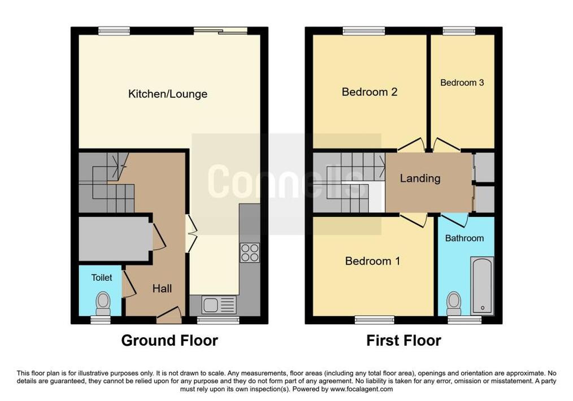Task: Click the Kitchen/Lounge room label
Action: pyautogui.click(x=168, y=94)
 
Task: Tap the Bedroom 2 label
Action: pyautogui.click(x=370, y=91)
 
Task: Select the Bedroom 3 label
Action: pyautogui.click(x=462, y=82)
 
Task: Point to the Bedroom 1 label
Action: pyautogui.click(x=372, y=261)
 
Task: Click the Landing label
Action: pyautogui.click(x=420, y=178)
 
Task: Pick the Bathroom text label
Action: pyautogui.click(x=464, y=238)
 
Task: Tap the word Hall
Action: pyautogui.click(x=162, y=289)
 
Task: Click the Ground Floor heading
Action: pyautogui.click(x=170, y=341)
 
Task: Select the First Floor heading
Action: pyautogui.click(x=403, y=341)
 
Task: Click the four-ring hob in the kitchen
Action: pyautogui.click(x=250, y=252)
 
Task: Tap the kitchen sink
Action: pyautogui.click(x=219, y=304)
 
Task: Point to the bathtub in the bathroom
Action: pyautogui.click(x=482, y=286)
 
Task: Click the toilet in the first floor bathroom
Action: pyautogui.click(x=454, y=303)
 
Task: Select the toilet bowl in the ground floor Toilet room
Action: pyautogui.click(x=103, y=303)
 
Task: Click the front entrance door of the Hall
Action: pyautogui.click(x=169, y=316)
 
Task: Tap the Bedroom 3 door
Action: pyautogui.click(x=446, y=145)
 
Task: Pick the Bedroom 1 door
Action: pyautogui.click(x=414, y=220)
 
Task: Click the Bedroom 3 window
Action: pyautogui.click(x=459, y=31)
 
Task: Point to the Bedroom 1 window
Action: pyautogui.click(x=375, y=320)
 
